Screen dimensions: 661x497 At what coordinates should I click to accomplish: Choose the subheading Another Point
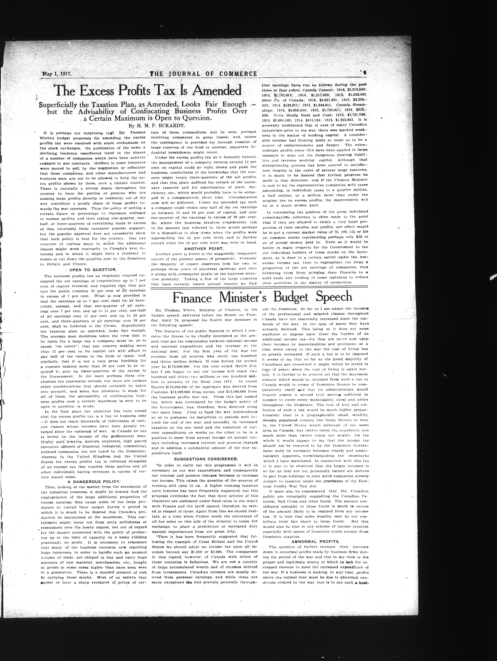(x=204, y=248)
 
